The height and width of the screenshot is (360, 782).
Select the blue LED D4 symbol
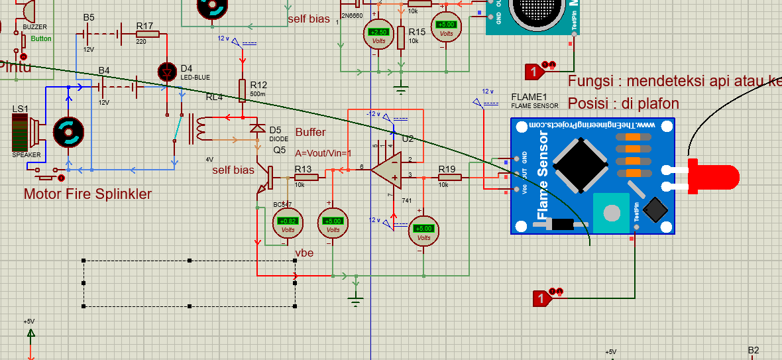click(x=166, y=72)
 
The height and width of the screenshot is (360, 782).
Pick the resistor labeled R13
click(x=307, y=178)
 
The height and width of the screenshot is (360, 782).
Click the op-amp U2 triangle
click(x=385, y=169)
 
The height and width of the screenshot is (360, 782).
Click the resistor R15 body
click(x=401, y=38)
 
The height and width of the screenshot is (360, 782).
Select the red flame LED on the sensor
click(x=713, y=176)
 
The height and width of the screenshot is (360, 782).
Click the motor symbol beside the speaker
click(x=68, y=132)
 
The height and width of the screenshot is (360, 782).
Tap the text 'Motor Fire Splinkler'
click(x=87, y=194)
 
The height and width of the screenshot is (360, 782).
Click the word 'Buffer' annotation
click(x=311, y=133)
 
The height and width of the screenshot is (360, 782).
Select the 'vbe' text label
click(x=305, y=253)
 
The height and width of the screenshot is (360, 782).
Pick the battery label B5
click(x=89, y=17)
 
